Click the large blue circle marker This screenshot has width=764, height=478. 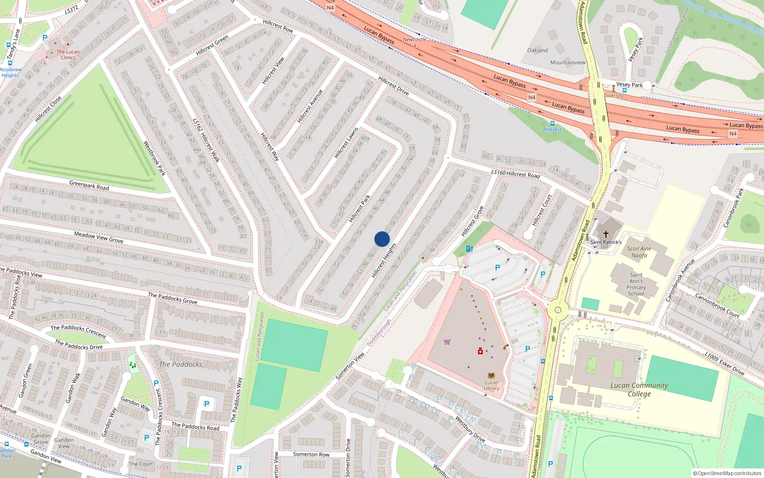click(382, 239)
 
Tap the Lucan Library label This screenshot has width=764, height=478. click(491, 385)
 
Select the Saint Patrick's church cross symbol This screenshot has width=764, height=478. click(606, 234)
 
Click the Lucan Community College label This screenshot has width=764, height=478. click(639, 390)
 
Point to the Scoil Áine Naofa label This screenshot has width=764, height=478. click(639, 252)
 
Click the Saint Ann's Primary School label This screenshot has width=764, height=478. click(636, 284)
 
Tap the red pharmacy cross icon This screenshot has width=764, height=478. click(480, 351)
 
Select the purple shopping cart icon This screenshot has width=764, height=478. click(447, 342)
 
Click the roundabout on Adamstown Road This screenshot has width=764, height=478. click(557, 310)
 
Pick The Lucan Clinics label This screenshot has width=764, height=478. click(68, 54)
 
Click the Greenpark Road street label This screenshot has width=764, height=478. click(89, 185)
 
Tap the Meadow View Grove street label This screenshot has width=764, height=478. click(99, 237)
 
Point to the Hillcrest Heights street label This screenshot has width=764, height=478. click(384, 261)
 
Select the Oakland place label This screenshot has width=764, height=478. click(538, 50)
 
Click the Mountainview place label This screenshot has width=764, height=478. click(568, 63)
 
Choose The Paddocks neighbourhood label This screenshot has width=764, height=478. click(180, 364)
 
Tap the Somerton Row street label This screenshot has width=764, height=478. click(311, 454)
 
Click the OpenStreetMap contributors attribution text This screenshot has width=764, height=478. click(727, 473)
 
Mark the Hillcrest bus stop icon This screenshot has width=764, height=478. click(552, 123)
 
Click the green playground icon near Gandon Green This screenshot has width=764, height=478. click(133, 365)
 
